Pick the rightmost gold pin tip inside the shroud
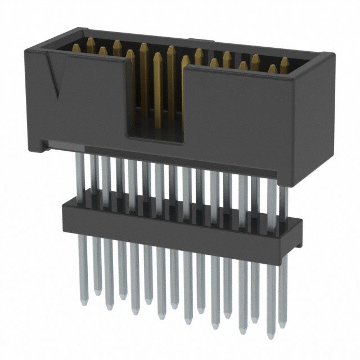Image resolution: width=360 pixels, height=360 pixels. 285,61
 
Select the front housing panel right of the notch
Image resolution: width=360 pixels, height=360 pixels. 242,112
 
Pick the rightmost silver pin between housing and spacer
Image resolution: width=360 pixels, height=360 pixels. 283,202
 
